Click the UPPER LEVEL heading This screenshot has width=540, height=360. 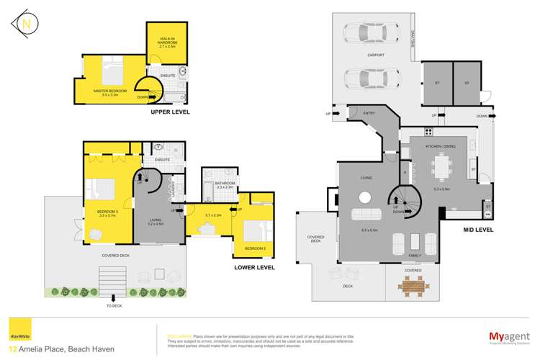(170, 112)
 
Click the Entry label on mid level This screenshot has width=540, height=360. (369, 113)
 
